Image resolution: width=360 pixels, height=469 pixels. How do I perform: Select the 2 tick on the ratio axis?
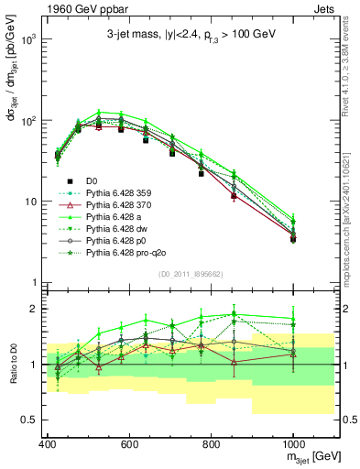tap(31, 309)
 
